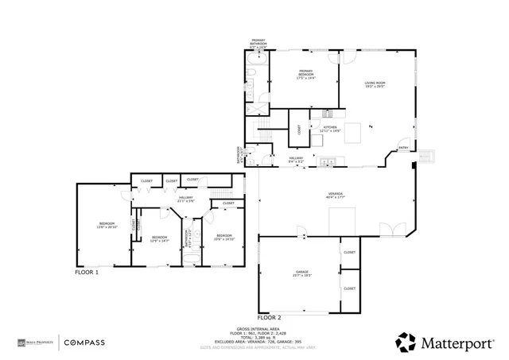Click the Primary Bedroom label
tap(305, 75)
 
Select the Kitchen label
tap(330, 128)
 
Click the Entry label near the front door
tap(403, 148)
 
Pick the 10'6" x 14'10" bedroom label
tap(223, 236)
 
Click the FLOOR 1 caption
tap(87, 272)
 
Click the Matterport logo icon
tap(406, 342)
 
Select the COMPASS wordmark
tap(84, 343)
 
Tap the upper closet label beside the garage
tap(349, 252)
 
